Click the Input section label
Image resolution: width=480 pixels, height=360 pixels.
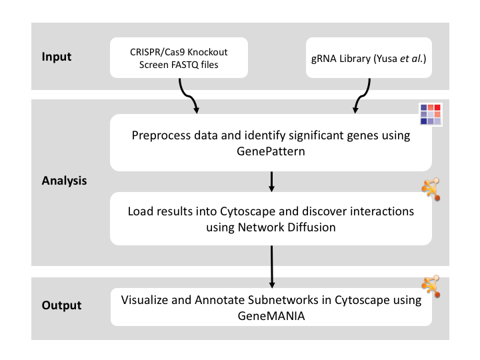(57, 57)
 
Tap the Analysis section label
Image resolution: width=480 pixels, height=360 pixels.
(64, 181)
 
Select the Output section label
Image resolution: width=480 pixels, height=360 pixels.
(61, 305)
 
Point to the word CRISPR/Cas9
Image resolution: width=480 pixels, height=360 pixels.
(157, 52)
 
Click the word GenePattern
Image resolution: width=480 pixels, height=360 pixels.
(271, 151)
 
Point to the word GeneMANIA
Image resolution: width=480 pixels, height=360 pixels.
(271, 316)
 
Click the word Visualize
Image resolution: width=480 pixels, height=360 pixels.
(145, 300)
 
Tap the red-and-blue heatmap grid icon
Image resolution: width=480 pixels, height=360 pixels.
(431, 114)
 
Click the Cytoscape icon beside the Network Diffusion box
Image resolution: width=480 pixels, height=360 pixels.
(431, 189)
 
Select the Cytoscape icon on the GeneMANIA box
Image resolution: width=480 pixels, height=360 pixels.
(431, 286)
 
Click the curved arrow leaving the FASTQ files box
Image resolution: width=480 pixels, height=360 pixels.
(188, 97)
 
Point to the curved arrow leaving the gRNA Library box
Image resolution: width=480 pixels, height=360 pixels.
(362, 97)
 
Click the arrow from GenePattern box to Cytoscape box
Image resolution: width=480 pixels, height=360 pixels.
(271, 182)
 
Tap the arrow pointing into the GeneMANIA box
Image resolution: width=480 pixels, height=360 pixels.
(271, 267)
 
